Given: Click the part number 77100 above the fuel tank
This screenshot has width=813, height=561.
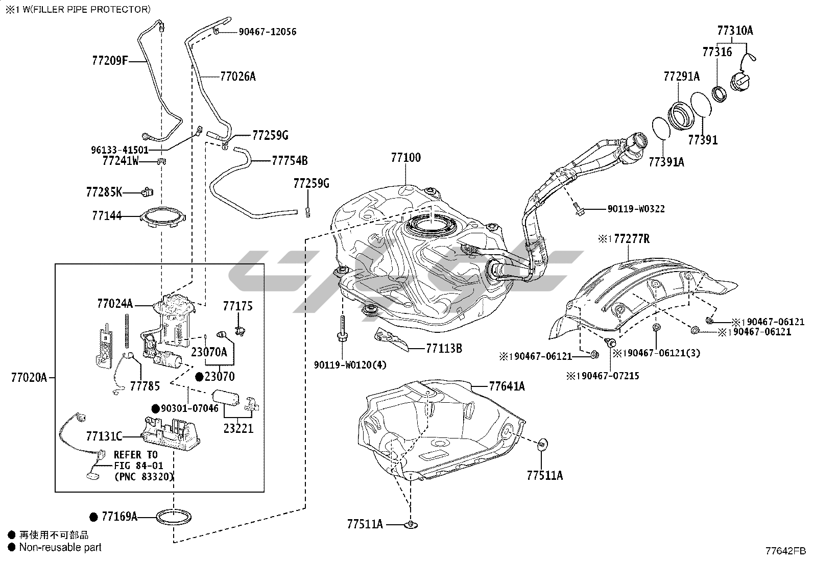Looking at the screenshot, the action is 406,158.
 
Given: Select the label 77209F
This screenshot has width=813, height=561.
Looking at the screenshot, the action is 110,61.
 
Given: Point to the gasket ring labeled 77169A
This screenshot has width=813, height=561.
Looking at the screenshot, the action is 174,517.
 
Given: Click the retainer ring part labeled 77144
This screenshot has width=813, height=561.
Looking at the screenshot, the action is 163,216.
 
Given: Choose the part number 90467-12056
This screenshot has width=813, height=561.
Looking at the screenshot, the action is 268,32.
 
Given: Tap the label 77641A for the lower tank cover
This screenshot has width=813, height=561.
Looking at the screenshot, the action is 507,386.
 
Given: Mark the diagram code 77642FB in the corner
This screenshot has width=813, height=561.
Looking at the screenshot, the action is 785,551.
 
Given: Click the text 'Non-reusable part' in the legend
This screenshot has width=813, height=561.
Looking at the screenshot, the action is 60,547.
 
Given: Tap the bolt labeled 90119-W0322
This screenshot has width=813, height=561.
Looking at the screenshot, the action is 578,210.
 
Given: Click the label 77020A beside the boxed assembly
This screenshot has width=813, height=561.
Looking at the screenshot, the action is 29,378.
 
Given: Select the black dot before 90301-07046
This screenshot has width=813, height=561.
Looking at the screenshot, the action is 155,408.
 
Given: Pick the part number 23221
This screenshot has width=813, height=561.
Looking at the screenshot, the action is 238,429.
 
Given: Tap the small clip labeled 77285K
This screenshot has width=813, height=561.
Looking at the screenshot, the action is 147,191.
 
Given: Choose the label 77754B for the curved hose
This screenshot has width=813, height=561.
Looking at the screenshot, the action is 290,160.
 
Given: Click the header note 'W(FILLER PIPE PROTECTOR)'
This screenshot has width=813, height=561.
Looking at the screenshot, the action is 86,9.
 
